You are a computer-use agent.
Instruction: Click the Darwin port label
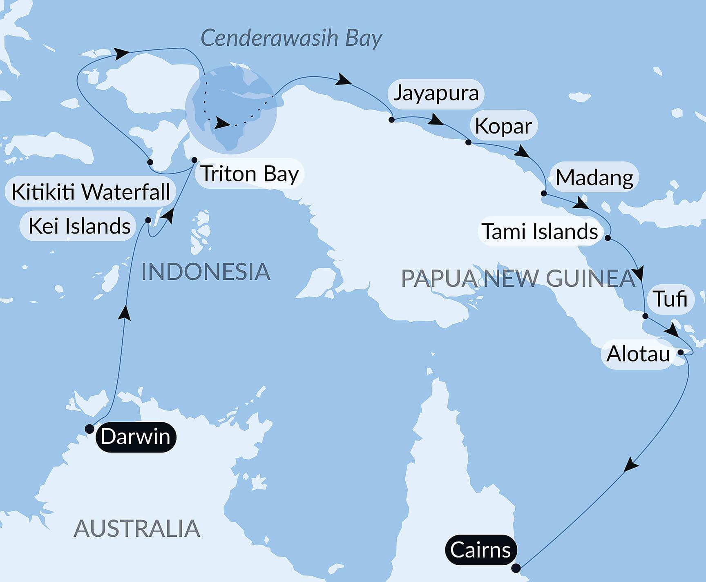click(136, 437)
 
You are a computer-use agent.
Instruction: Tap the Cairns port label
click(480, 550)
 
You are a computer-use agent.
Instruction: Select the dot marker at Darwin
click(89, 429)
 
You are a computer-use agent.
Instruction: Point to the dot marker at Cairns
click(516, 568)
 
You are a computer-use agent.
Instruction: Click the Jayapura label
click(436, 93)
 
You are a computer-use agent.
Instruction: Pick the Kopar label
click(503, 126)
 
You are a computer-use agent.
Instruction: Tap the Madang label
click(594, 178)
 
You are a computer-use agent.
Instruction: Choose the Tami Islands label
click(540, 231)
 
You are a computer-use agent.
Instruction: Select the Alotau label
click(638, 354)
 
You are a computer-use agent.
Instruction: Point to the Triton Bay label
click(250, 174)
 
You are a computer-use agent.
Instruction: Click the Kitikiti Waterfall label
click(91, 192)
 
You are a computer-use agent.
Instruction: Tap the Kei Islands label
click(79, 226)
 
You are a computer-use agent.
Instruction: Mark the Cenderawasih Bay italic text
click(291, 38)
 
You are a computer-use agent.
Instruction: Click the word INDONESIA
click(206, 272)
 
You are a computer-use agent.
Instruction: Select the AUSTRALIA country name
click(137, 528)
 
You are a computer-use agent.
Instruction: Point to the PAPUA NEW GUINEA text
click(518, 279)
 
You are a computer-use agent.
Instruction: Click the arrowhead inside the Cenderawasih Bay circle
click(222, 123)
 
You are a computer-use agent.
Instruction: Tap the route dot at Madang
click(544, 193)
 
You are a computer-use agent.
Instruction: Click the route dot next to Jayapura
click(391, 120)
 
